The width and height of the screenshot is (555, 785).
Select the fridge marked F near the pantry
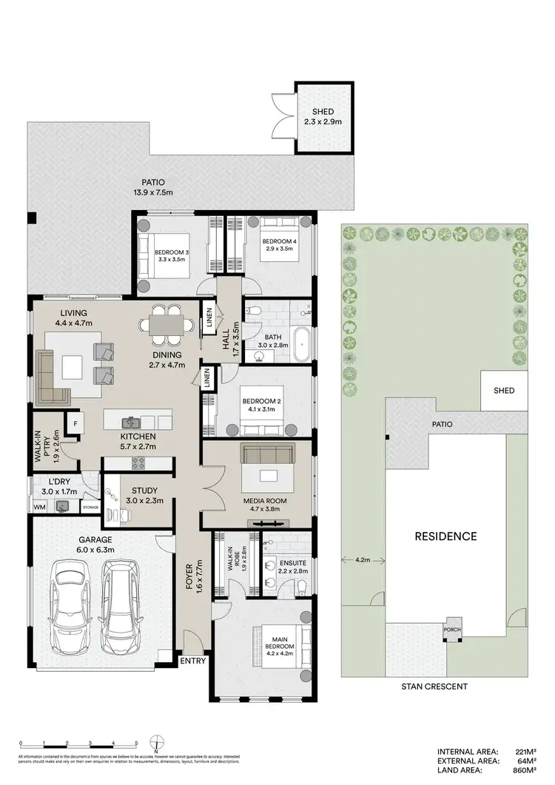point(75,423)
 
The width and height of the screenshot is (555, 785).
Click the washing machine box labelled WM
point(39,508)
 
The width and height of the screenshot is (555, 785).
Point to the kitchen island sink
point(132,422)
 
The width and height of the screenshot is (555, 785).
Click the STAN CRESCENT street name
point(434,687)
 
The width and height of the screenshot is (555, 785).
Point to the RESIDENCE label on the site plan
point(445,536)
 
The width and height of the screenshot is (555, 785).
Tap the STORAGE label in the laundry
point(90,508)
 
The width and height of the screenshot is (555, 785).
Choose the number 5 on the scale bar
point(136,742)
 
